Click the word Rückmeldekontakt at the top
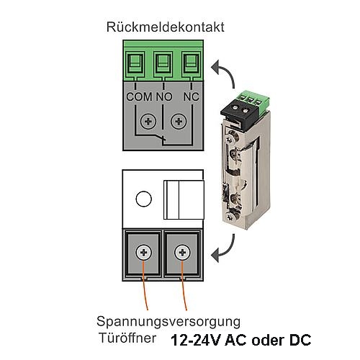(166, 27)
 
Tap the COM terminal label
(139, 96)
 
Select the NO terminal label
(164, 96)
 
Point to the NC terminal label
(192, 96)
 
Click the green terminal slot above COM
(136, 63)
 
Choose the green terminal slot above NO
(163, 63)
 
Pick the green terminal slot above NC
(191, 63)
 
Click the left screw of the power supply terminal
(143, 253)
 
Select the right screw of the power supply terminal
(182, 253)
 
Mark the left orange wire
(145, 285)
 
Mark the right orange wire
(184, 285)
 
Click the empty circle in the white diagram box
(143, 199)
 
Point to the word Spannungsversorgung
(168, 323)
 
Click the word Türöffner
(127, 338)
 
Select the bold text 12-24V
(196, 340)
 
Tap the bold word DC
(300, 340)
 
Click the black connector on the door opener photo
(240, 113)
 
